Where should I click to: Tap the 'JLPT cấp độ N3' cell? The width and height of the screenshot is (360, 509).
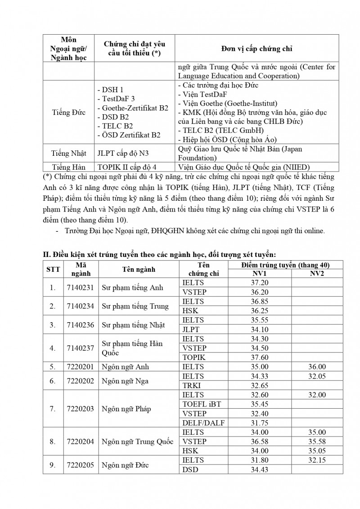coord(121,153)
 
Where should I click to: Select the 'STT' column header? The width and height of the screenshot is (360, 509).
coord(53,270)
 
